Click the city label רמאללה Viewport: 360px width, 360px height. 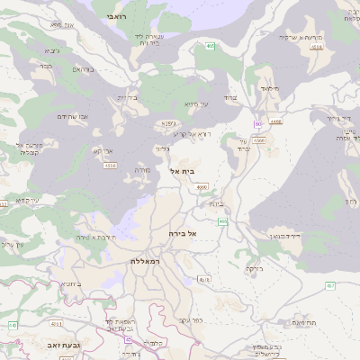tap(144, 260)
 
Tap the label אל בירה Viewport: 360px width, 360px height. tap(182, 233)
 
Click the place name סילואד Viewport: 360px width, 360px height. tap(270, 89)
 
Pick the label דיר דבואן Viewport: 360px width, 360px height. tap(288, 235)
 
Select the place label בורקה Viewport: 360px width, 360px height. tap(255, 268)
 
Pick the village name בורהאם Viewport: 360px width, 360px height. tap(83, 69)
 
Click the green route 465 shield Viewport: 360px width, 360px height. tap(210, 46)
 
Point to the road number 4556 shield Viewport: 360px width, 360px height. tap(259, 140)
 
